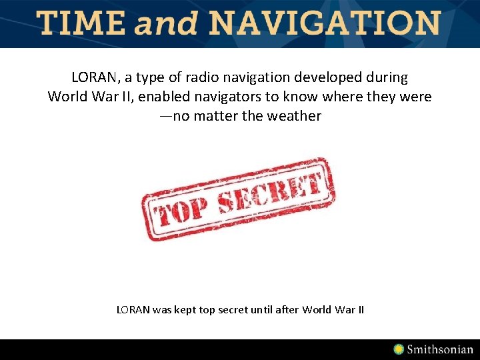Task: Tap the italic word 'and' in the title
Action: click(167, 25)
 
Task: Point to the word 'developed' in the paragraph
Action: click(343, 77)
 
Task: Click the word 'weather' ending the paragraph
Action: click(294, 116)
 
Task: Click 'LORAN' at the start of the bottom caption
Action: click(133, 309)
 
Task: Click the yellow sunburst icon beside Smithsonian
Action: click(399, 349)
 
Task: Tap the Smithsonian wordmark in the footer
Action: click(440, 349)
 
